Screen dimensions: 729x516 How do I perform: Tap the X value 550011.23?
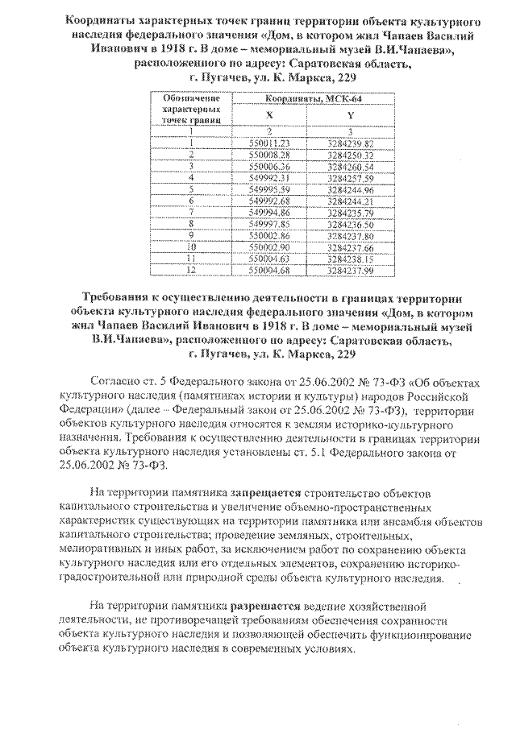click(269, 143)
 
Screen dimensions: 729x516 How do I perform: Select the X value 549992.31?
click(269, 176)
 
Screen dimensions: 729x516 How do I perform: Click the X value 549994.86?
click(269, 211)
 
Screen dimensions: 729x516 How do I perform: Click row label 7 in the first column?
click(192, 211)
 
